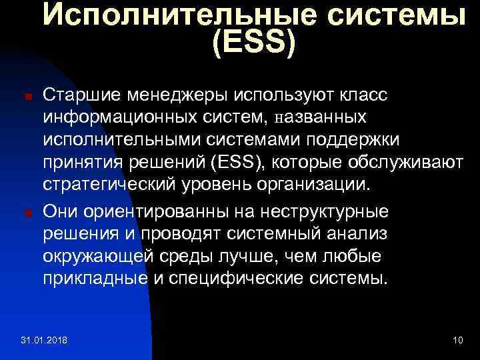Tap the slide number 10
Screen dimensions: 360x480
click(x=457, y=341)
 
